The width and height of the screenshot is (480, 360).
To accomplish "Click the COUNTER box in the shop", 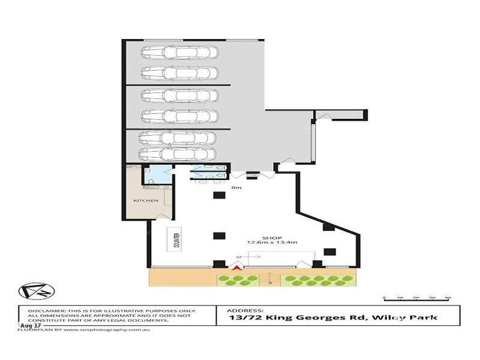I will (177, 241).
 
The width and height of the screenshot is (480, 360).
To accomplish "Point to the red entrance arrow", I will (237, 269).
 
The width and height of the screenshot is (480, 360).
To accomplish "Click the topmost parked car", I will (179, 52).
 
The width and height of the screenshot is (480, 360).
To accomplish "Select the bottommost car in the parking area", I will (177, 154).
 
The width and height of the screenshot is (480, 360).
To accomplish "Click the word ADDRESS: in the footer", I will (245, 310).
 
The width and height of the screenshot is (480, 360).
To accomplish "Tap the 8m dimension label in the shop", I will (236, 188).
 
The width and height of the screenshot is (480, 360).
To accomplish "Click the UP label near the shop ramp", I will (241, 257).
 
